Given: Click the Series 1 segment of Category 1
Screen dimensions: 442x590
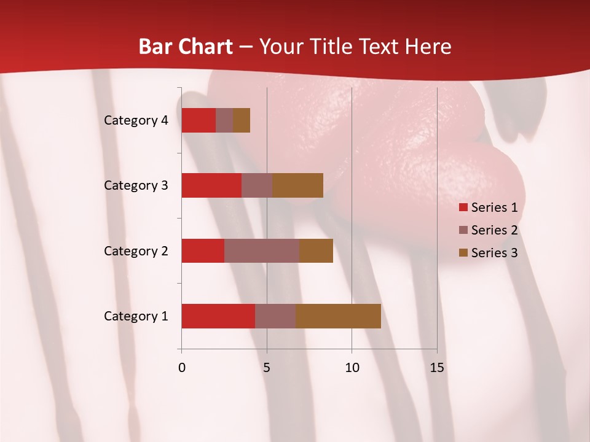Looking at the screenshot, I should click(x=218, y=316).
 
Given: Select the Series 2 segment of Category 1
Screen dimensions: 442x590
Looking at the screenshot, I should click(x=275, y=316).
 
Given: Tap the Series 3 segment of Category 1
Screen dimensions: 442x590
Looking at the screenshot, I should click(x=338, y=316).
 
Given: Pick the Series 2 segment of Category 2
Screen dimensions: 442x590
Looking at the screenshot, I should click(x=262, y=250).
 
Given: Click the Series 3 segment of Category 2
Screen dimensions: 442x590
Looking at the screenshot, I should click(x=316, y=250).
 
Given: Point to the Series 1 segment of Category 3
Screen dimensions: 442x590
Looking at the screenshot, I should click(x=211, y=185).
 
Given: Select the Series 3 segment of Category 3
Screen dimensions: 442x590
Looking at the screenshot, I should click(x=297, y=185).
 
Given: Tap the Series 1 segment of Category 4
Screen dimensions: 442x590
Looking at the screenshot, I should click(x=199, y=120).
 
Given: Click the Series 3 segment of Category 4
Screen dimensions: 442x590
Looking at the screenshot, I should click(x=242, y=120).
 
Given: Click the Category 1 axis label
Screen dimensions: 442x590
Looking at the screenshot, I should click(x=136, y=316).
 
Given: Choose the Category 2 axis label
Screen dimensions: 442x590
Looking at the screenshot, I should click(x=136, y=250).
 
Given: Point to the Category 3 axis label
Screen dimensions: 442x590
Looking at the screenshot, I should click(x=136, y=185).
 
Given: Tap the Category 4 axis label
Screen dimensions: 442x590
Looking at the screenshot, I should click(x=136, y=120).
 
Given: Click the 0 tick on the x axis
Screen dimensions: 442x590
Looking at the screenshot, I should click(x=182, y=368).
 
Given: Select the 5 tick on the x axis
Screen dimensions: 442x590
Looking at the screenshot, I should click(x=267, y=368).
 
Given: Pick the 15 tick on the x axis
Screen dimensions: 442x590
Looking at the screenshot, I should click(x=437, y=368).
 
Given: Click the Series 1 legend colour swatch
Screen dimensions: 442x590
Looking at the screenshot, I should click(x=463, y=207).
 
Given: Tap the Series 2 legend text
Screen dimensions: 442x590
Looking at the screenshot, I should click(x=494, y=230).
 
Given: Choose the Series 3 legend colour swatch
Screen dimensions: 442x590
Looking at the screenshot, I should click(x=463, y=253).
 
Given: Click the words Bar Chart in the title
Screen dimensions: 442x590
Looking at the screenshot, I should click(x=186, y=47).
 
